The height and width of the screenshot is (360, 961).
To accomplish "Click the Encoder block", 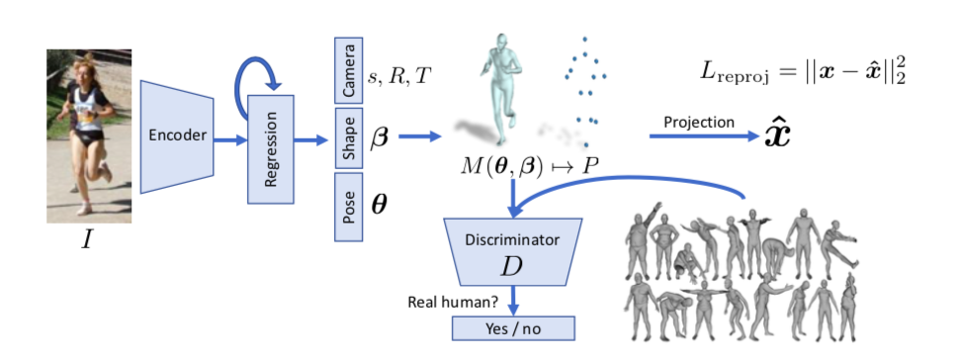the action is [x=178, y=136].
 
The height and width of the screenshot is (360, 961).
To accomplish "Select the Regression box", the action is [x=271, y=148].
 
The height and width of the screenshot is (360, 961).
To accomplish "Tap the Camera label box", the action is [x=348, y=71].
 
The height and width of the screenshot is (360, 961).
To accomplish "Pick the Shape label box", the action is [x=348, y=138].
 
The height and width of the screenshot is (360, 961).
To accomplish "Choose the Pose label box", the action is [x=348, y=208].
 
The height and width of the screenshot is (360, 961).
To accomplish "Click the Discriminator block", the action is [x=511, y=253].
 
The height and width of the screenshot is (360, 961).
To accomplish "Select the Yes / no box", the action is [x=512, y=327].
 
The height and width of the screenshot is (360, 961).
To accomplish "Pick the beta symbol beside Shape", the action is [x=379, y=137].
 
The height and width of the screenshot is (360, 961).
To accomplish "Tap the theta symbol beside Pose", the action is [x=379, y=206].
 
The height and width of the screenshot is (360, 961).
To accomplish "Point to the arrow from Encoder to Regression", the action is [x=230, y=140].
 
